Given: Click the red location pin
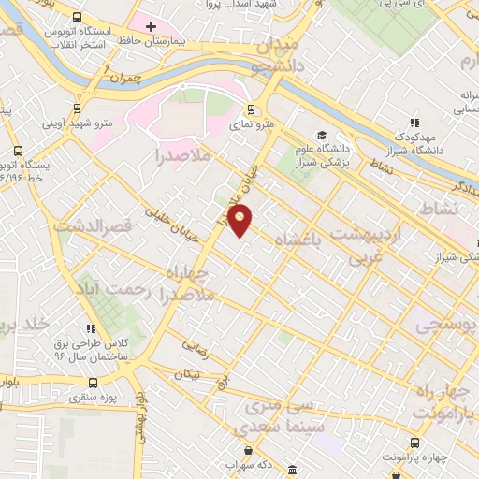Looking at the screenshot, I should point(241,221).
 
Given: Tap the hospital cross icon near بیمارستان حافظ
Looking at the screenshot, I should point(151,24).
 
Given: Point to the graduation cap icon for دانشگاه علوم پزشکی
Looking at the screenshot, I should point(323,137).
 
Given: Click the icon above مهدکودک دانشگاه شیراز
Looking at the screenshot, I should point(414,122).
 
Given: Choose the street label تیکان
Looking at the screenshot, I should point(183,373).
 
